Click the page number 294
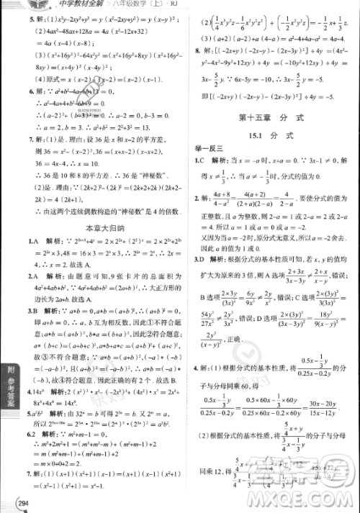coord(10,501)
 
